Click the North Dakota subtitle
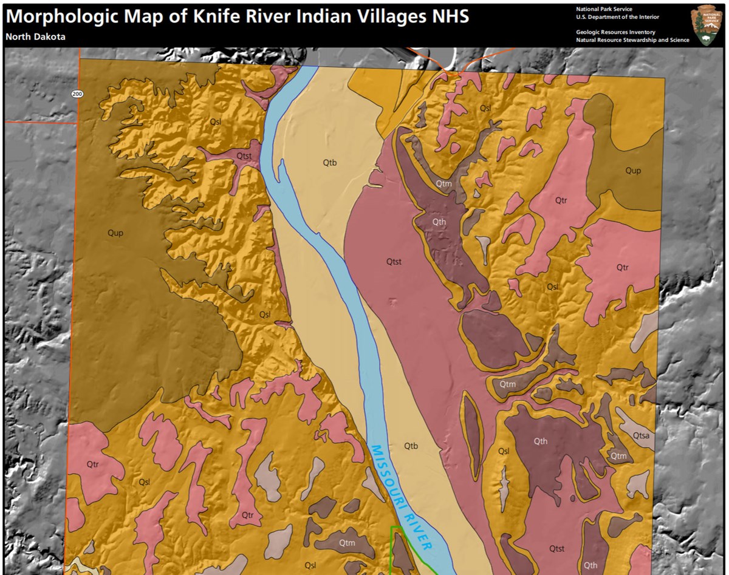(x=35, y=37)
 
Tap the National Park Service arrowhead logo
(x=707, y=24)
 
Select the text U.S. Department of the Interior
(x=617, y=17)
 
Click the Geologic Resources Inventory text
(x=615, y=32)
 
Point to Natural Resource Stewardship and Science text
(x=632, y=40)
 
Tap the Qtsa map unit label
(x=642, y=435)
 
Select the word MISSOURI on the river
(x=386, y=473)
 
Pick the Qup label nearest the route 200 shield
(x=115, y=233)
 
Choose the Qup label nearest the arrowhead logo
(x=633, y=171)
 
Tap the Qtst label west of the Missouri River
(x=244, y=156)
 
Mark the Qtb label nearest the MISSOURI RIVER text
(x=411, y=446)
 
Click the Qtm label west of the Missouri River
(x=347, y=543)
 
